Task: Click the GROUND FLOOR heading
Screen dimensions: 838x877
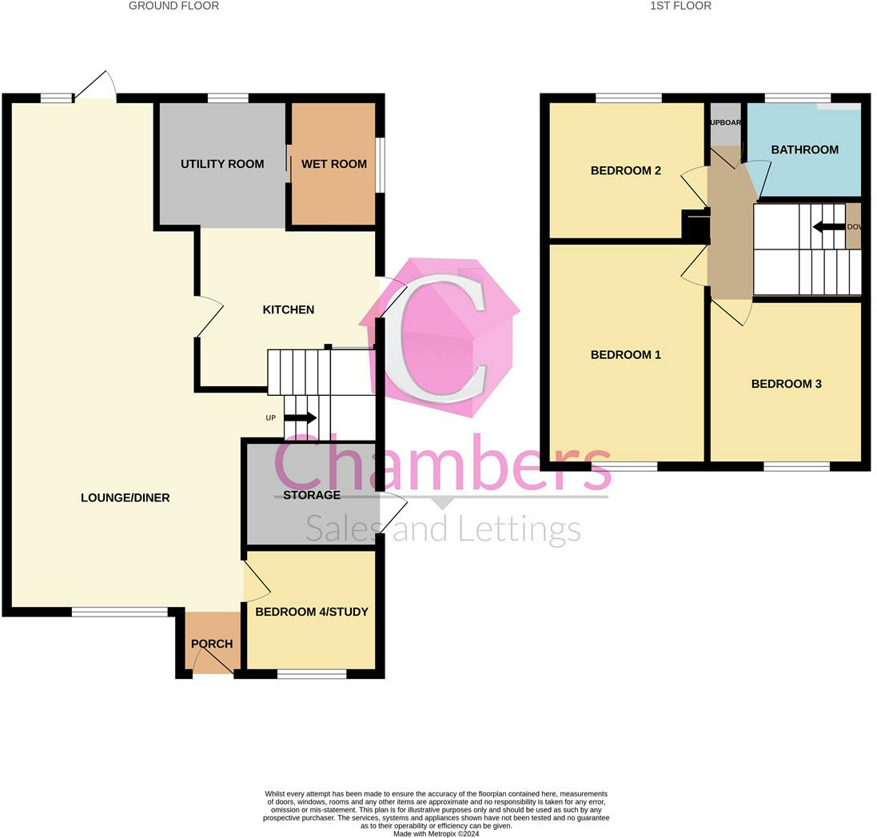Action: (173, 6)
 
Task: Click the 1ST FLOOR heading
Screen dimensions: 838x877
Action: (680, 6)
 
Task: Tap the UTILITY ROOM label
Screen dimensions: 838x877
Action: (222, 164)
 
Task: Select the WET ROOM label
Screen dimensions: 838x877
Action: (334, 164)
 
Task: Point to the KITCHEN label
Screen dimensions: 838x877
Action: (289, 309)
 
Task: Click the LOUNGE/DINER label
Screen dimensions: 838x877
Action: (126, 498)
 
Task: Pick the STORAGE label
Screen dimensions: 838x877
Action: (312, 495)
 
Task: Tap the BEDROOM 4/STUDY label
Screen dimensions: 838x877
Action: (312, 612)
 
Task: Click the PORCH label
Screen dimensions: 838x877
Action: (212, 644)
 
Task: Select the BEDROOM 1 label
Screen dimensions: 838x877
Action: (626, 354)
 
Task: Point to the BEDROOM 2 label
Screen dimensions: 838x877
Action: (626, 170)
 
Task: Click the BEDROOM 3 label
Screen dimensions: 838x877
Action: (787, 384)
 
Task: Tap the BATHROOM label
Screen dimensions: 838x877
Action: (805, 150)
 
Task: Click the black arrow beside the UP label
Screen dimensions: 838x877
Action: (301, 417)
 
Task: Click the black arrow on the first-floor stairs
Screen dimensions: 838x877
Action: (829, 226)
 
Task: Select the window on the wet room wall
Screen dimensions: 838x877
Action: (381, 166)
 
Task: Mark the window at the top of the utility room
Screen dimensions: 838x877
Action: (228, 98)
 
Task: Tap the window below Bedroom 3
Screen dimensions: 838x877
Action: (796, 466)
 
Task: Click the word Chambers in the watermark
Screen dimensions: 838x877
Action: (444, 464)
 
